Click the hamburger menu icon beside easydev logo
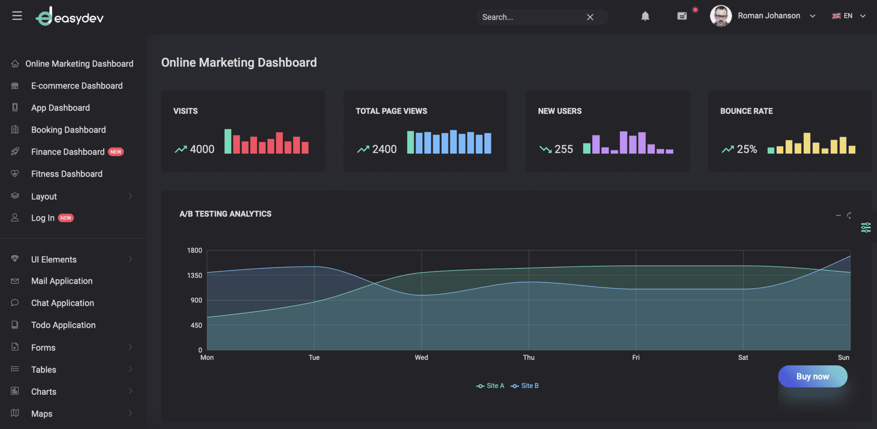pos(17,16)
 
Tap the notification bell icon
pos(645,16)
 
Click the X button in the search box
pos(590,17)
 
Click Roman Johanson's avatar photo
pos(721,16)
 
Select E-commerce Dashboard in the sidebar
pos(77,86)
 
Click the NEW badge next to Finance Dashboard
pos(116,152)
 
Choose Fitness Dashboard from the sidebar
pos(67,174)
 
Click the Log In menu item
pos(43,218)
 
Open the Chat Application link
pos(63,303)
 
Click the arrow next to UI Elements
pos(130,259)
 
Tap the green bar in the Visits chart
pos(228,141)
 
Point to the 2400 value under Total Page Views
pos(384,149)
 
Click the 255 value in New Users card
pos(564,149)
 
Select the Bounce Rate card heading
pos(746,111)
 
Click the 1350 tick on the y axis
pos(194,275)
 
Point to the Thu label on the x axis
pos(528,358)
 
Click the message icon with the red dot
pos(682,16)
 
